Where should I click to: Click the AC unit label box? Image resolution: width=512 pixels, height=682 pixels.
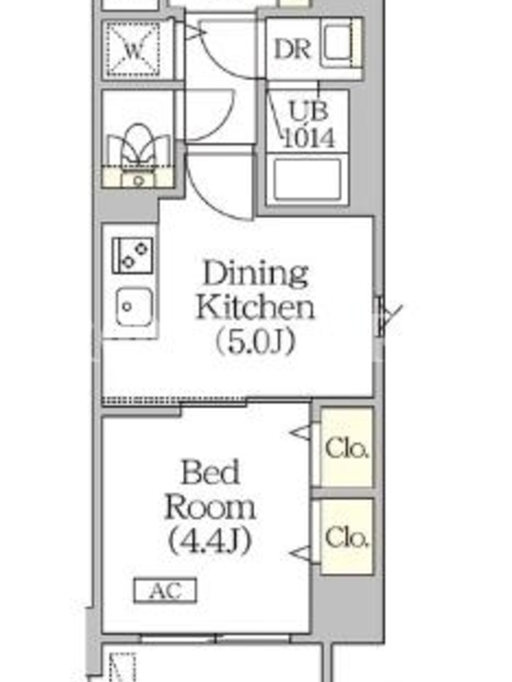[x=165, y=590]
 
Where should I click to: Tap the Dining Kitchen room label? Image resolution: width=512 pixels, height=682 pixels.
[x=255, y=290]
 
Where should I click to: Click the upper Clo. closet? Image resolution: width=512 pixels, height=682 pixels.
[x=347, y=448]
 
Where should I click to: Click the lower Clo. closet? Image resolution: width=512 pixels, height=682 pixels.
[x=347, y=537]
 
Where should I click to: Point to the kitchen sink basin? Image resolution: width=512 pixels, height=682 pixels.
[x=135, y=306]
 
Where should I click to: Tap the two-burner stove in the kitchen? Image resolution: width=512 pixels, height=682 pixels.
[x=133, y=255]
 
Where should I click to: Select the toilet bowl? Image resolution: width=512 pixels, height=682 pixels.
[x=138, y=146]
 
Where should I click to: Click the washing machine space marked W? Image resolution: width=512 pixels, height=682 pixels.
[x=134, y=49]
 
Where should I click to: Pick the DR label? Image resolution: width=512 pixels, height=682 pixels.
[x=292, y=49]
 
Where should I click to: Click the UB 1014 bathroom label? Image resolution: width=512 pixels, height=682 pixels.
[x=309, y=124]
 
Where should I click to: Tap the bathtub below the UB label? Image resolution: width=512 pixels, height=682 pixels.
[x=307, y=179]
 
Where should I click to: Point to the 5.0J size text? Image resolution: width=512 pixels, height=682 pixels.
[x=255, y=342]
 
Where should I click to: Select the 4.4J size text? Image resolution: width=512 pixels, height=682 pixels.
[x=210, y=540]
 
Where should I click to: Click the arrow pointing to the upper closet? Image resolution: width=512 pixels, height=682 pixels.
[x=300, y=432]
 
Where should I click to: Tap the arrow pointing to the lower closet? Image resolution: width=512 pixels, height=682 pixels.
[x=300, y=553]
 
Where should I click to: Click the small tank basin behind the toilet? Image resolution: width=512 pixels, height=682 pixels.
[x=138, y=179]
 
